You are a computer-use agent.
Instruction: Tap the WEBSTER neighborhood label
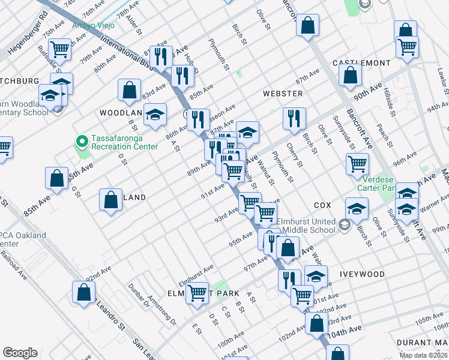pyautogui.click(x=282, y=94)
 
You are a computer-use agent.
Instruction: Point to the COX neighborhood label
pyautogui.click(x=322, y=205)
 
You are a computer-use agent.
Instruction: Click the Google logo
pyautogui.click(x=20, y=353)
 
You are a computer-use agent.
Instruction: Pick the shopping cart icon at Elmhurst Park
pyautogui.click(x=197, y=293)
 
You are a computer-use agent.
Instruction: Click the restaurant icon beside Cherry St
pyautogui.click(x=294, y=118)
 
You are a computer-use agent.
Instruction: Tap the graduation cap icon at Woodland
pyautogui.click(x=155, y=116)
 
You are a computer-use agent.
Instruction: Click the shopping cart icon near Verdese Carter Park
pyautogui.click(x=357, y=163)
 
